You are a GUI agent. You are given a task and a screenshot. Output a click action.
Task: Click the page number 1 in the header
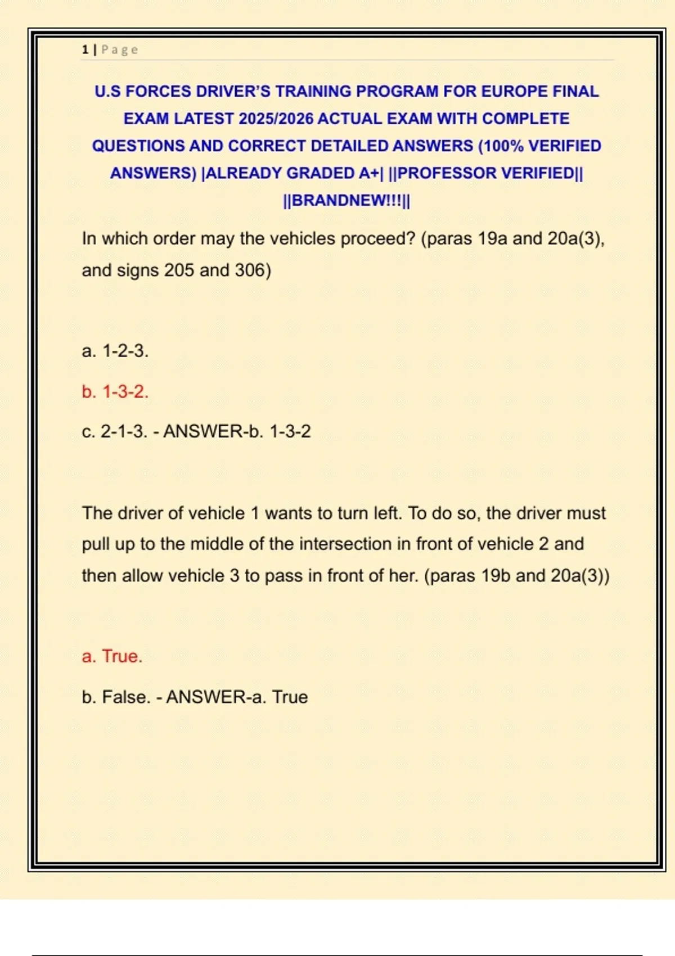point(85,49)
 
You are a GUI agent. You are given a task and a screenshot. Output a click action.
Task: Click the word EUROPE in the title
point(514,91)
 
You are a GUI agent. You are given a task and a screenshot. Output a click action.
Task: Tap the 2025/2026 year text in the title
point(276,119)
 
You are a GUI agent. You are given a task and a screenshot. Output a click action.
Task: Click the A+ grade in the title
point(369,173)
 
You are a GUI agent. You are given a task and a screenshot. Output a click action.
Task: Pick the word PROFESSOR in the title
point(438,173)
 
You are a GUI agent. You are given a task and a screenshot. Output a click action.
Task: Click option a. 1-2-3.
point(115,351)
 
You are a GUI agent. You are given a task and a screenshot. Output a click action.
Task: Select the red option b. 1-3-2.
point(115,391)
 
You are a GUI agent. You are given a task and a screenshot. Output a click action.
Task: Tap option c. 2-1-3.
point(115,431)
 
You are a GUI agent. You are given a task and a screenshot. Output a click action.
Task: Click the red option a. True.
point(112,656)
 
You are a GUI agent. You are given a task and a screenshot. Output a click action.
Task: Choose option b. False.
point(116,697)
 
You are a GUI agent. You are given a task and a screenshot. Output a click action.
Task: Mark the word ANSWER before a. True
point(206,697)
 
